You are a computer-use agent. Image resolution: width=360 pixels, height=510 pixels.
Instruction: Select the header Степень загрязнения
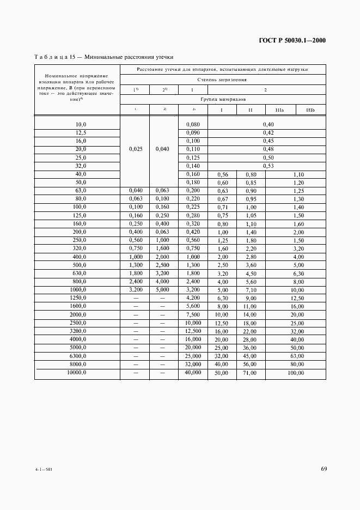(x=222, y=80)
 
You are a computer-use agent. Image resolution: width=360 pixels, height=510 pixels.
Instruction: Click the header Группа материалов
(x=222, y=100)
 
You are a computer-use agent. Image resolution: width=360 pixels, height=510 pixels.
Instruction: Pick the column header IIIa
(x=280, y=110)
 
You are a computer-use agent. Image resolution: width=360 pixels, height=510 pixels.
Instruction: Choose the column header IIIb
(x=310, y=110)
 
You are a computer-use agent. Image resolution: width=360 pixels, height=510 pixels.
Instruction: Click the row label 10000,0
(x=77, y=373)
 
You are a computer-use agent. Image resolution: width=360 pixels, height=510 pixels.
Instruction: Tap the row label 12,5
(x=81, y=132)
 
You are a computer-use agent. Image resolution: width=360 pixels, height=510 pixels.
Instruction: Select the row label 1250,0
(x=78, y=297)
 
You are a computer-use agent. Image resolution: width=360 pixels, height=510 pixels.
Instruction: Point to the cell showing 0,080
(x=193, y=124)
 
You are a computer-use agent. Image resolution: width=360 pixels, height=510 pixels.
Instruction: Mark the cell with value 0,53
(x=268, y=166)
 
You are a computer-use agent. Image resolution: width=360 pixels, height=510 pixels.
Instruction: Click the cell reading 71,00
(x=250, y=373)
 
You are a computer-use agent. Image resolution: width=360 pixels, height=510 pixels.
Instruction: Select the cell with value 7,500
(x=193, y=314)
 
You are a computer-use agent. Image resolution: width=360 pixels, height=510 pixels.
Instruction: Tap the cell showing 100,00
(x=296, y=373)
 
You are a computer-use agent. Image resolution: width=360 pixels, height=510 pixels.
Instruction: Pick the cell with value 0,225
(x=193, y=207)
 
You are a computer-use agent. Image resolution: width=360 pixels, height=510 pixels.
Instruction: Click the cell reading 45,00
(x=250, y=356)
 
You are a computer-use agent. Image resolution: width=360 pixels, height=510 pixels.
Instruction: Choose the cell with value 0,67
(x=222, y=199)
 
